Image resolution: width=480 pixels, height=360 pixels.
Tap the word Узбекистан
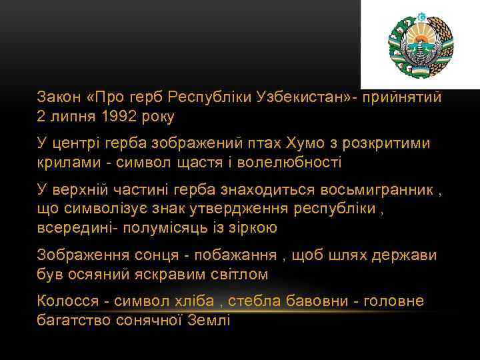297,97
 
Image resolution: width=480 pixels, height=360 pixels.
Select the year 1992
118,117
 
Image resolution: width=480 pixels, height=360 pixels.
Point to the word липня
72,117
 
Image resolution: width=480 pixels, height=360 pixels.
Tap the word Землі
212,320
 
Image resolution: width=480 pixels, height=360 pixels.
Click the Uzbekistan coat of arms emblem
420,45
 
